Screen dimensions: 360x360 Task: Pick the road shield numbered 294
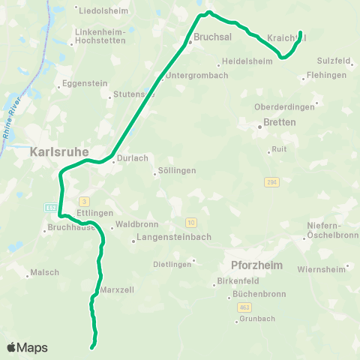(271, 181)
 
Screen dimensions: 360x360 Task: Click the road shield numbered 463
(245, 307)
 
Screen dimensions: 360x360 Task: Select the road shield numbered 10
(191, 223)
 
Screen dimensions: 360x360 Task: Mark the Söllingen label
(178, 170)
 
